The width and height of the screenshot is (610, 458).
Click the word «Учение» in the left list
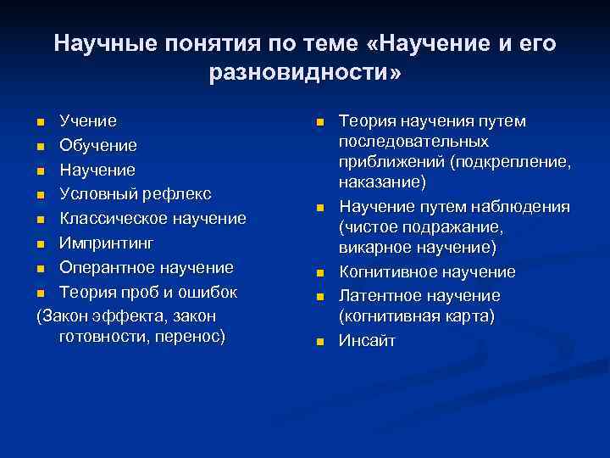point(88,121)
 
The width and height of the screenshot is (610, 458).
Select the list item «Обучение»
point(97,146)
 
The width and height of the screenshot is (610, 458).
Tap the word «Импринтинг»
point(107,243)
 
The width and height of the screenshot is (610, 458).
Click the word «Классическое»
point(114,219)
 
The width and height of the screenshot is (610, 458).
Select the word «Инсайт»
point(367,342)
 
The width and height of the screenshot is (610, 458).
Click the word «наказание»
point(382,182)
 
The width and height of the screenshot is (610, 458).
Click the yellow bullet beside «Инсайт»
point(320,343)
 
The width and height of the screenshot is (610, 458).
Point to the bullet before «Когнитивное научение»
point(320,273)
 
